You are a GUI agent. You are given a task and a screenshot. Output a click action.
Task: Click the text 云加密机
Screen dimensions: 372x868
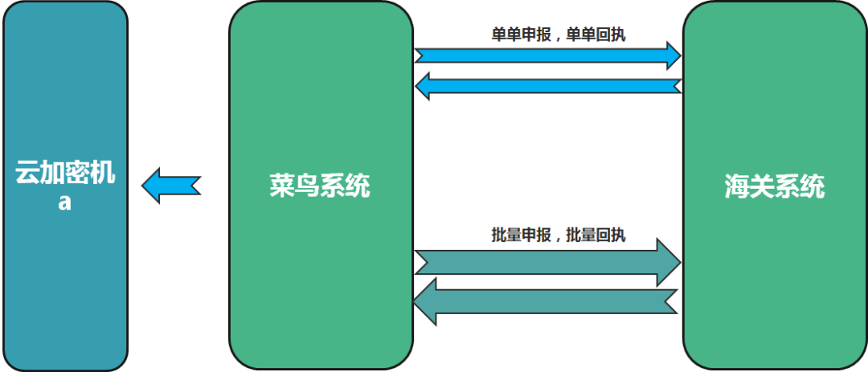point(65,173)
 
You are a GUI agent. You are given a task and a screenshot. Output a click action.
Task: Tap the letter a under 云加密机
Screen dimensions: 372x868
point(65,202)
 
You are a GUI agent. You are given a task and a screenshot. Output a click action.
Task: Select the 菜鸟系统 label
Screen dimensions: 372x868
point(320,186)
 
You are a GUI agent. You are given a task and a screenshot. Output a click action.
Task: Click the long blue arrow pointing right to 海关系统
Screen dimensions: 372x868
point(547,55)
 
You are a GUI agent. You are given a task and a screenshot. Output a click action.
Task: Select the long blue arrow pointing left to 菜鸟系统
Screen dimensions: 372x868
point(547,85)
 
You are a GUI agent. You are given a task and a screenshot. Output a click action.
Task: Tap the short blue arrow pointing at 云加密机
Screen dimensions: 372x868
point(170,186)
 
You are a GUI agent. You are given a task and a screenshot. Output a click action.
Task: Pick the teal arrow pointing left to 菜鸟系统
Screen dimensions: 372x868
point(547,301)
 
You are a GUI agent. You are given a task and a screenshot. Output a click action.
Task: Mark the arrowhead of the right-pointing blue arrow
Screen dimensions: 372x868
point(672,55)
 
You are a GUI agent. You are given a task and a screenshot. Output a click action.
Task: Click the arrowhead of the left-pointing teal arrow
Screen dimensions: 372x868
point(424,301)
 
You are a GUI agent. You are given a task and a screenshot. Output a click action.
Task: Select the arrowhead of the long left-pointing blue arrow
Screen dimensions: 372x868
point(423,85)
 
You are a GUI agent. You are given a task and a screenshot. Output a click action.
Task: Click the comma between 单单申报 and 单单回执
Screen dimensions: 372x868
point(557,38)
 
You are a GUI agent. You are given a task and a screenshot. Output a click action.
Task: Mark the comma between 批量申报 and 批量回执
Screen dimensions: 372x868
point(557,237)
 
